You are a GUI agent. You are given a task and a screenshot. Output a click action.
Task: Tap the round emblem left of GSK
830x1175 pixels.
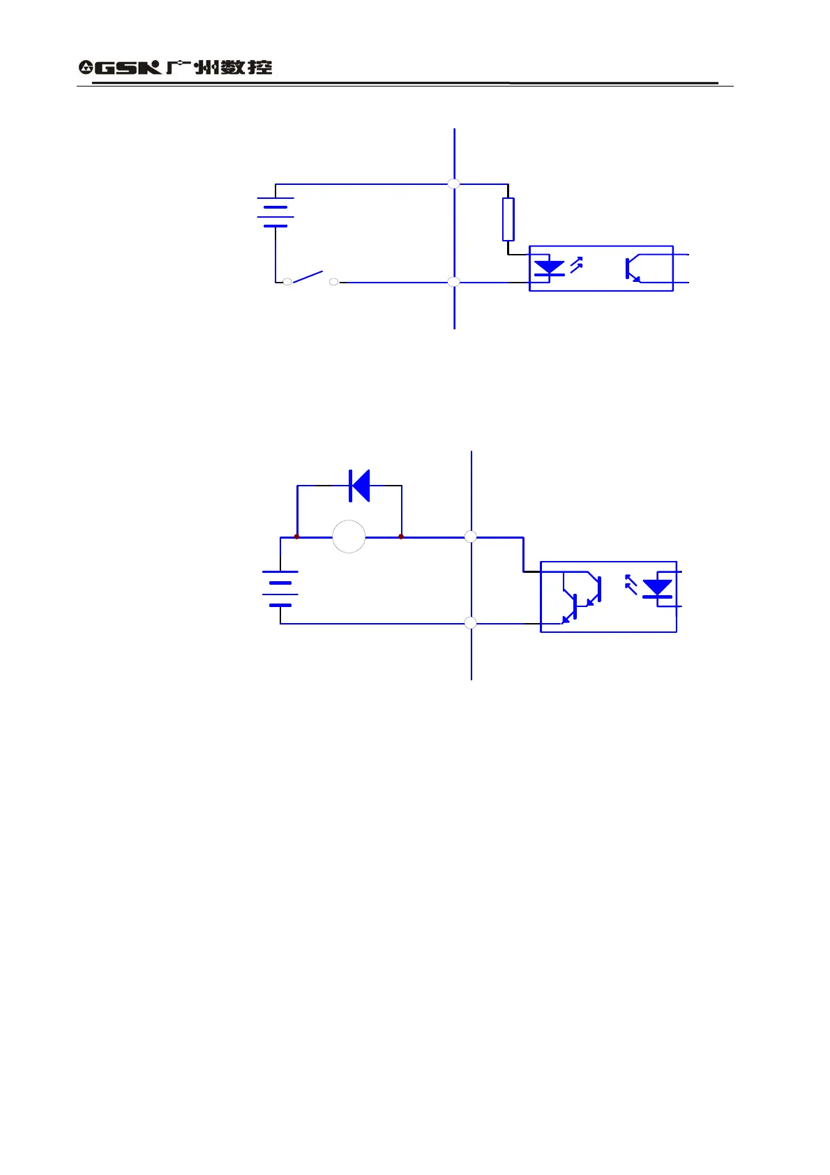(86, 68)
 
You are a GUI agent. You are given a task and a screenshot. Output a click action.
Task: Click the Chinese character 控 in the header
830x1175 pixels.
(259, 68)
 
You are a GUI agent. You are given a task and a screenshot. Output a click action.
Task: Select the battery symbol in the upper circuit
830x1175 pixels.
(276, 212)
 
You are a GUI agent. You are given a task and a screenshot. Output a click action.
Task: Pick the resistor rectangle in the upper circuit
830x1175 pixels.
(508, 219)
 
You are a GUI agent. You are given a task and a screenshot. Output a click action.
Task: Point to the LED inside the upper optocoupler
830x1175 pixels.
(549, 268)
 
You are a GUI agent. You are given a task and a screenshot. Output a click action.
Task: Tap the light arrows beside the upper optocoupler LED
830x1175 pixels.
(576, 264)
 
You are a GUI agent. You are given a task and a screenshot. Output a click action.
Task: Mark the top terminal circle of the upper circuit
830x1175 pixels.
(453, 184)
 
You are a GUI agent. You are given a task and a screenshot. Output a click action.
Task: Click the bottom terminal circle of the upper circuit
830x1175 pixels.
(453, 282)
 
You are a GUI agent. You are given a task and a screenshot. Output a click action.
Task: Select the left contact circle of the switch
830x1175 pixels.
(287, 282)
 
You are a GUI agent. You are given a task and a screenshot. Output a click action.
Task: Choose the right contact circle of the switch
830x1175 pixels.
(334, 282)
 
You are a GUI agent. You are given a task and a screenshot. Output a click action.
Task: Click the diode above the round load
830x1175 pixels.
(360, 486)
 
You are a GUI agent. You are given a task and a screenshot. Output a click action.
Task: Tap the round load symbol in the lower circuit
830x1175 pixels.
(349, 537)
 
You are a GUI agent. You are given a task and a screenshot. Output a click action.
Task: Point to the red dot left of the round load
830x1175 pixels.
(297, 537)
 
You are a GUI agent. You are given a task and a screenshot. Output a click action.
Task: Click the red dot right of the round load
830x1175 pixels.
(401, 537)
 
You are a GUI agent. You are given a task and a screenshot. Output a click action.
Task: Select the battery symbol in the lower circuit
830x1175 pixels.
(280, 588)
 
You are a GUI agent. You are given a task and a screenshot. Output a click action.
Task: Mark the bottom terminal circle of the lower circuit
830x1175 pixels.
(471, 623)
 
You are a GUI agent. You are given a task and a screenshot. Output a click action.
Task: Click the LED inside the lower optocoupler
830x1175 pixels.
(657, 588)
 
